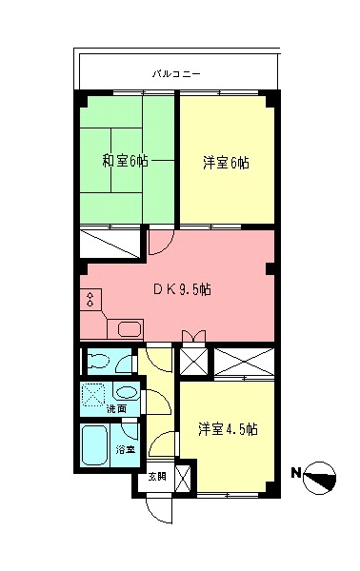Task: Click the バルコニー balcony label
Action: pos(177,71)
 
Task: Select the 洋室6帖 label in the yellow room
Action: pos(226,163)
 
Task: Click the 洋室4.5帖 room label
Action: pos(228,429)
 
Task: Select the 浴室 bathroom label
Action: pos(126,448)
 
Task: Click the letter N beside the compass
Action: pos(296,472)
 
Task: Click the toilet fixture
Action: pos(99,362)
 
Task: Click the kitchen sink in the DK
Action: pos(128,330)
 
